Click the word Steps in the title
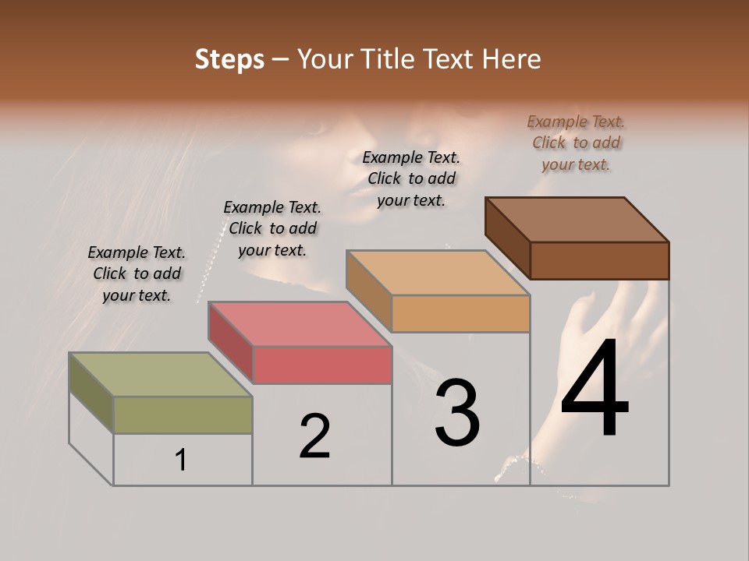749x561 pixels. coord(229,59)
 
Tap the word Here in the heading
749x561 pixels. coord(512,59)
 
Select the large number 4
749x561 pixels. coord(595,390)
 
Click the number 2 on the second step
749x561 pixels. coord(315,436)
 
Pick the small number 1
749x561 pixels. coord(181,460)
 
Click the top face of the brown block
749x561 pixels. coord(577,220)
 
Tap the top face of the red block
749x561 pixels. coord(299,324)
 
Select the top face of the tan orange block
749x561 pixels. coord(438,273)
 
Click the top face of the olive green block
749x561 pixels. coord(161,375)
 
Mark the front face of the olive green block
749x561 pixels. coord(183,415)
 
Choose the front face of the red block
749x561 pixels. coord(322,365)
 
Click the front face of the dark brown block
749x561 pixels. coord(599,260)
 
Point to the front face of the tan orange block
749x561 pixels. coord(460,314)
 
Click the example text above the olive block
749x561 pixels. coord(137,273)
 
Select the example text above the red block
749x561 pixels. coord(272,228)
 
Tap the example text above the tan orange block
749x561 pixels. coord(411,178)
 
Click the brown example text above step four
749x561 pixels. coord(576,143)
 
